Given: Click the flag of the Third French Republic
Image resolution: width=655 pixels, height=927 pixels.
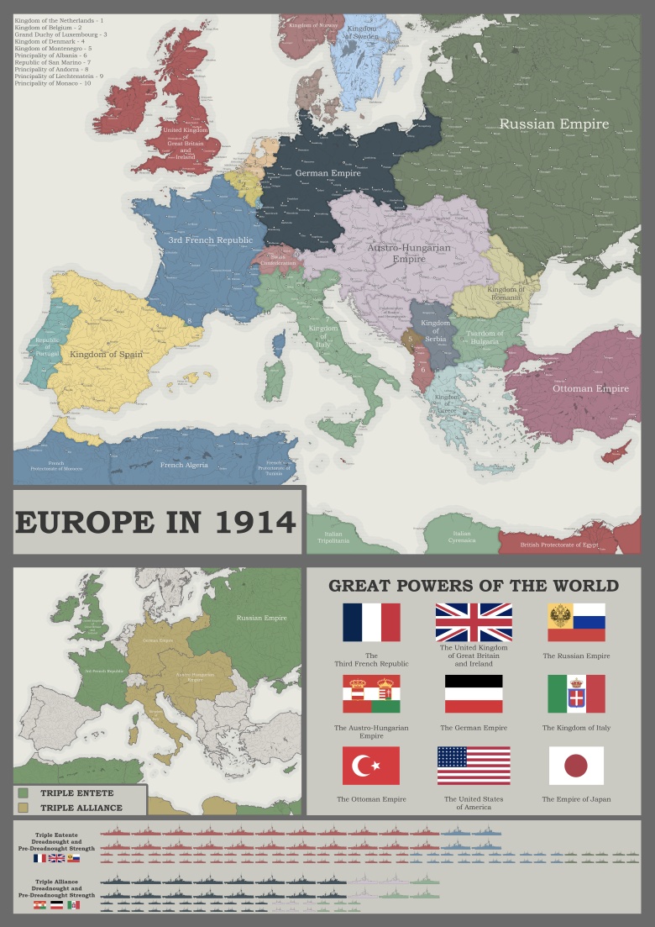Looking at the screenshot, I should pos(371,622).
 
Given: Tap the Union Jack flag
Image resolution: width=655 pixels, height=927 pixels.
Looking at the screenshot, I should pos(474,622).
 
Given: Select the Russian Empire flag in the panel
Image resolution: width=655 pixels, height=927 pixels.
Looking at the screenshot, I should pos(576,622).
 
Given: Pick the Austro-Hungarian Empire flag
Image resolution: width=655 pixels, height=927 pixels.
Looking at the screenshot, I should pos(371,694).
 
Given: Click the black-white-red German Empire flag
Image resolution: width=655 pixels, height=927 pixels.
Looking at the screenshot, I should pos(474,694).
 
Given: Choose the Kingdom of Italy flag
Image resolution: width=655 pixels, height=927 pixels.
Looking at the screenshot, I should pos(576,694).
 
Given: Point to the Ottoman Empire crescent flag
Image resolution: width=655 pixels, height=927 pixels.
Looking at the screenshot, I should pos(371,766).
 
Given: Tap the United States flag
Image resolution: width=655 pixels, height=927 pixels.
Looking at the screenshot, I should pos(474,766).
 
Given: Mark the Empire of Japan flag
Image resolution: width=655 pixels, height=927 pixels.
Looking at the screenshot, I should pos(576,766).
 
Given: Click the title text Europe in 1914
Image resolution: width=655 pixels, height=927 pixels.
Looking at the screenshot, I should pos(155,522).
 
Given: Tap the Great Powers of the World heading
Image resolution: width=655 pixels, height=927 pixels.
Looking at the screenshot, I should pos(474,586).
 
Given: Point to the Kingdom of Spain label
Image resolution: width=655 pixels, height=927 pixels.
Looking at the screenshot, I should pos(106,354).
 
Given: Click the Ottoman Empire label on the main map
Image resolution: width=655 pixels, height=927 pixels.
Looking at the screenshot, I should pos(590,388).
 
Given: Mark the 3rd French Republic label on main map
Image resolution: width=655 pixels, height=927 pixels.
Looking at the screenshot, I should pos(211,240).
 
